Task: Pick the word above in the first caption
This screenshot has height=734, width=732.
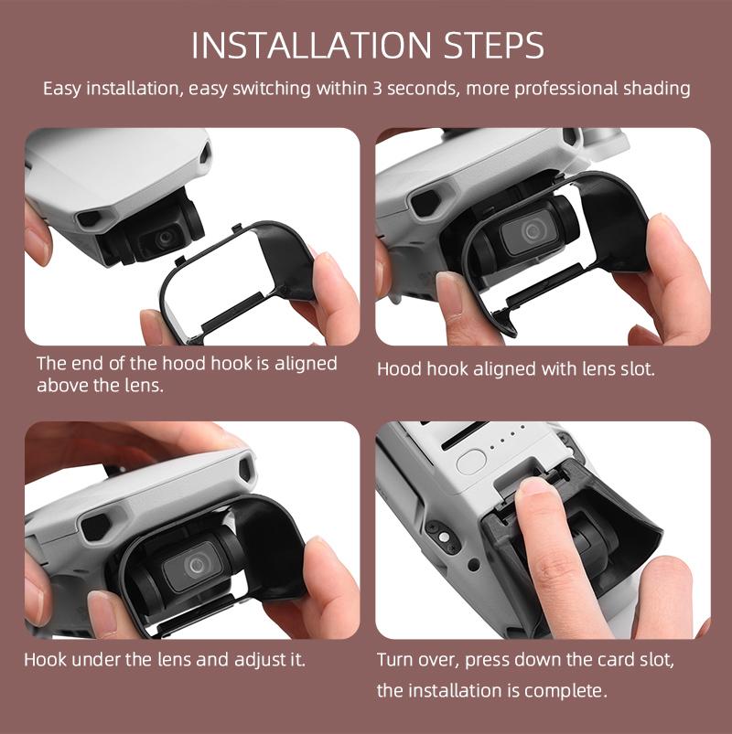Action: click(x=64, y=385)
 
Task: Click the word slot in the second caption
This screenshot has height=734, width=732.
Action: click(x=632, y=370)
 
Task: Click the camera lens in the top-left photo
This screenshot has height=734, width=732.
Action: click(x=163, y=238)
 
